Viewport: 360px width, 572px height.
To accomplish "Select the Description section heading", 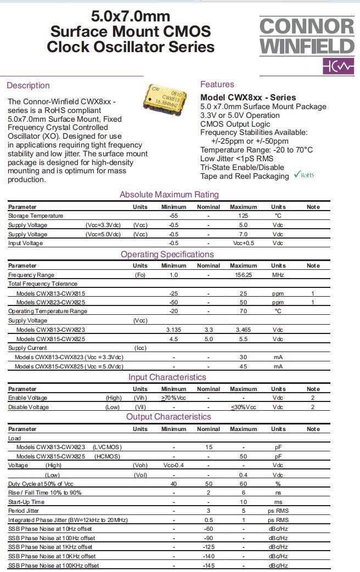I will (x=28, y=85).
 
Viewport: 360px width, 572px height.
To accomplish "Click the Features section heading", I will (x=217, y=84).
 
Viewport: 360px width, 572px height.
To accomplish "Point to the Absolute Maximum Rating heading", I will (x=169, y=194).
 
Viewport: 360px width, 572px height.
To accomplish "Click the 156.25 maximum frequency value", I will (x=243, y=275).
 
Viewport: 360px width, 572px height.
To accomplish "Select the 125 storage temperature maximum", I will (x=243, y=216).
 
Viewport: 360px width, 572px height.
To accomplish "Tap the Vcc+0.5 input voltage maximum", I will (x=243, y=243).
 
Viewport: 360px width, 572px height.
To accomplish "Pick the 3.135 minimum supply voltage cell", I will (x=173, y=330).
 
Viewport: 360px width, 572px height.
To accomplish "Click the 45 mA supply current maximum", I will (x=243, y=366).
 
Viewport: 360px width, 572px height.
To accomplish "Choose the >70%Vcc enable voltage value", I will (x=173, y=398).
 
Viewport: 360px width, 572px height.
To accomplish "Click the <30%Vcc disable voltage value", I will (x=243, y=407).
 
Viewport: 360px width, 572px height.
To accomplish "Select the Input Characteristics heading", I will (x=167, y=377).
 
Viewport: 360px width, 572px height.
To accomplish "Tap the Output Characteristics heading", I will (x=168, y=417).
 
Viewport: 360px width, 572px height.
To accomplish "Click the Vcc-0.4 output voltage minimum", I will (x=173, y=465).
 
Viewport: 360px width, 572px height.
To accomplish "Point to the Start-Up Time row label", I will (x=26, y=502).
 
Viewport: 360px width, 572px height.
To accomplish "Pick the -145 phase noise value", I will (x=208, y=565).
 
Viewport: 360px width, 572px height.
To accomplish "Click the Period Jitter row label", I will (x=24, y=511).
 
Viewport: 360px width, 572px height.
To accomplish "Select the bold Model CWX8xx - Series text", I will (x=248, y=97).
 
